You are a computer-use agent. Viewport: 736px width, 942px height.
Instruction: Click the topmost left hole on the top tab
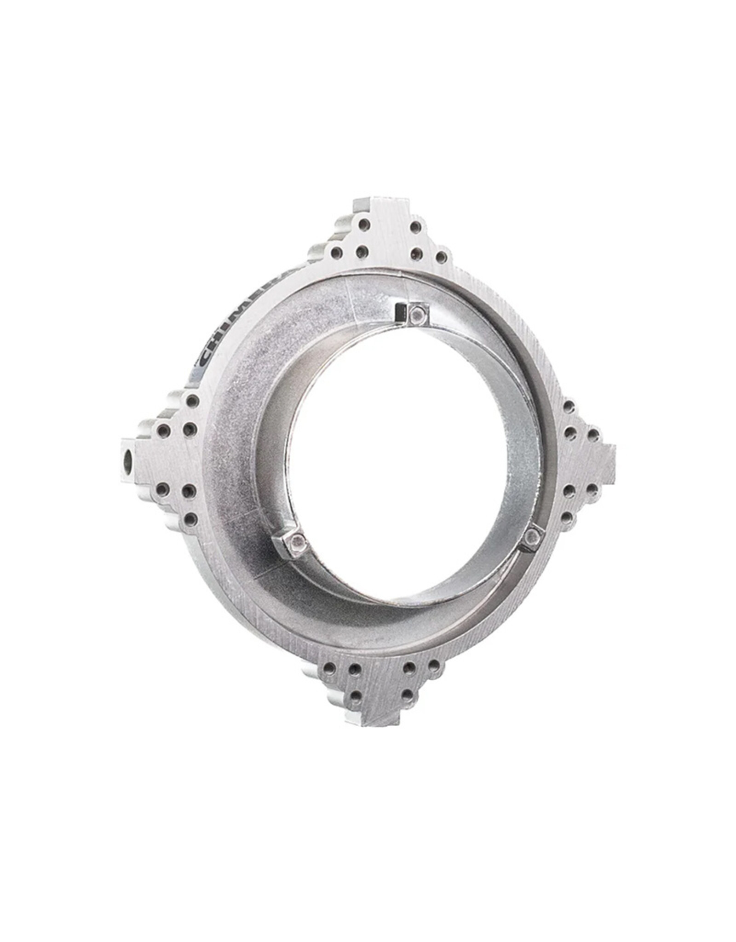(364, 225)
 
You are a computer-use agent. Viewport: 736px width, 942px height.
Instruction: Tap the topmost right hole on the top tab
(415, 227)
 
